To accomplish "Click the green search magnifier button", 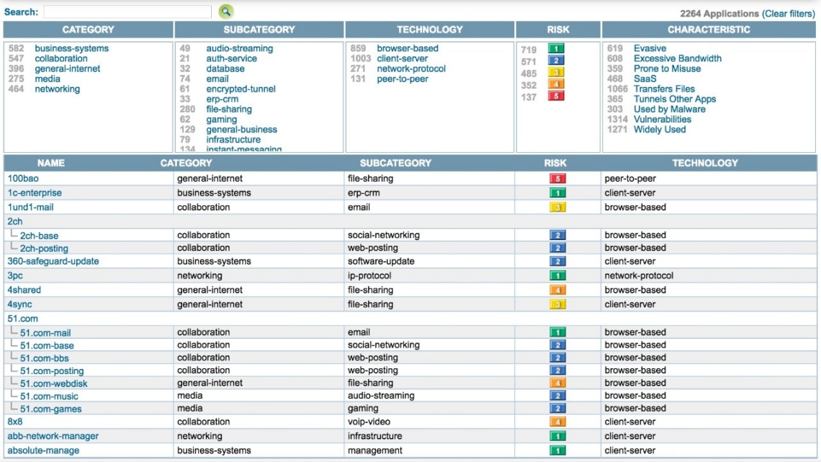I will point(226,12).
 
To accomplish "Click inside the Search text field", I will point(127,12).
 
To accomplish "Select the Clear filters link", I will point(789,14).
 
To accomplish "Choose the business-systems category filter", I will point(71,48).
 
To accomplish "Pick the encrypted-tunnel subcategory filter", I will point(241,89).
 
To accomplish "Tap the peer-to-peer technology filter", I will point(402,79).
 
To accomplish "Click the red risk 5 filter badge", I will point(555,96).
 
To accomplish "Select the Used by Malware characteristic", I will point(669,109).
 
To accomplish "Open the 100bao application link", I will point(22,178).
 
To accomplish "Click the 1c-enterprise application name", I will point(35,192).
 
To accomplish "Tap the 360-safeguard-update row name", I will point(53,261).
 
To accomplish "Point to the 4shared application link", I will point(24,290).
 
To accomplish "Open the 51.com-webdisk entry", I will point(54,383).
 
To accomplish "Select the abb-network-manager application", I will point(53,436).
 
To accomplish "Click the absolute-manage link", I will point(43,450).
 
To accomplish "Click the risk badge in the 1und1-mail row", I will point(557,208).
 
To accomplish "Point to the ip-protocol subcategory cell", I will point(369,275).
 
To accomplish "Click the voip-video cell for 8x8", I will point(369,422).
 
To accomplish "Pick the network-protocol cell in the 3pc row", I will point(639,275).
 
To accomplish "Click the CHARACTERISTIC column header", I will point(709,30).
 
